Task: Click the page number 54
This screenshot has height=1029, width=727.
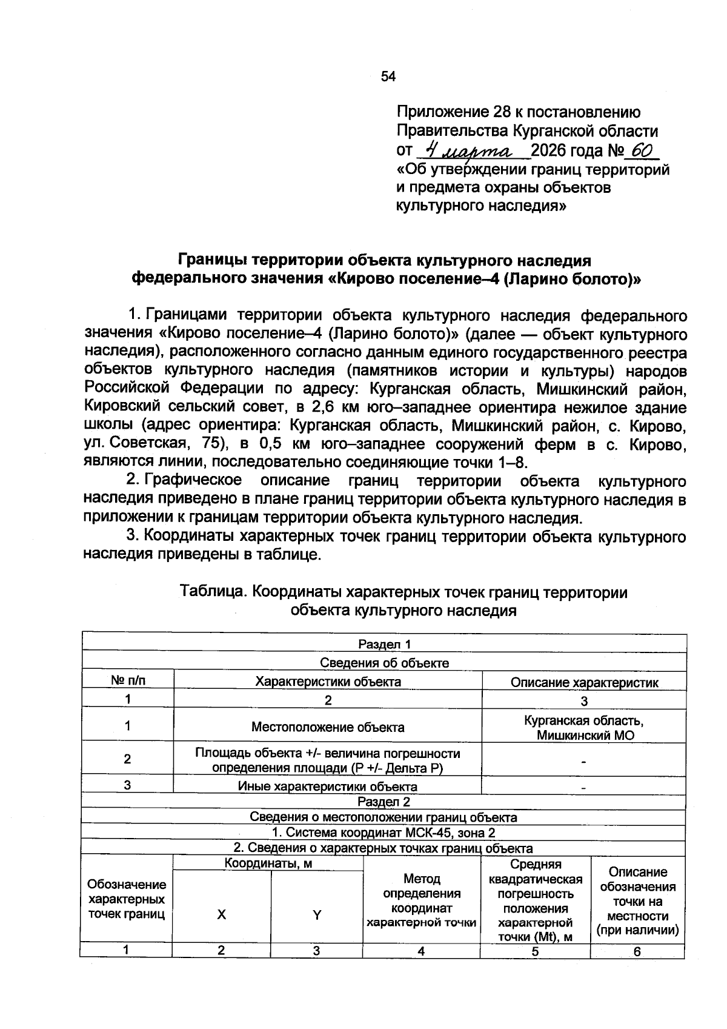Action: pyautogui.click(x=388, y=76)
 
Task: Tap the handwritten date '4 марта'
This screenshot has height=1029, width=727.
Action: pyautogui.click(x=469, y=150)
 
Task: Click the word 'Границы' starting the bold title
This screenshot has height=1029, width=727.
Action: pyautogui.click(x=211, y=260)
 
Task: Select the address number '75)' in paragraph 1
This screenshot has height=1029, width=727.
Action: pyautogui.click(x=213, y=444)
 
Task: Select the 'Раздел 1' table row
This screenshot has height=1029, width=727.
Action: pyautogui.click(x=384, y=644)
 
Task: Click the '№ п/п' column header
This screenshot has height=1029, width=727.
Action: pyautogui.click(x=128, y=681)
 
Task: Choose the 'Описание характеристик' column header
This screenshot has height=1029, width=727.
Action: pyautogui.click(x=584, y=682)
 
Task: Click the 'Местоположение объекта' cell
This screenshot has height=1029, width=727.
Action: pyautogui.click(x=328, y=726)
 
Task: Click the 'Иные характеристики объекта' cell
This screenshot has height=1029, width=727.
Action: pyautogui.click(x=328, y=786)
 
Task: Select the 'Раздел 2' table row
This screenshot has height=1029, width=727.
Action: pyautogui.click(x=384, y=802)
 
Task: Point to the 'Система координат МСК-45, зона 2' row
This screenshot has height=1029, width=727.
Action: pyautogui.click(x=384, y=833)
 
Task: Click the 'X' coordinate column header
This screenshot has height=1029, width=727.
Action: pyautogui.click(x=222, y=915)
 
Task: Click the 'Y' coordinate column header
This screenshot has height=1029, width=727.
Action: pyautogui.click(x=316, y=915)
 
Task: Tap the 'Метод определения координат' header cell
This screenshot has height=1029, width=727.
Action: pyautogui.click(x=421, y=900)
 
